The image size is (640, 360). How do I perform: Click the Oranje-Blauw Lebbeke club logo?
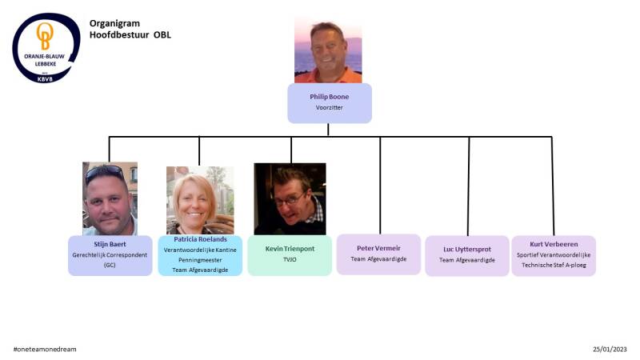(x=46, y=47)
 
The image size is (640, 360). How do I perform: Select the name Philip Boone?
(x=330, y=97)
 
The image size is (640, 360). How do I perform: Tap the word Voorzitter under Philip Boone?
(x=330, y=107)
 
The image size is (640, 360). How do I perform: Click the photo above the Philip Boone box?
(x=328, y=51)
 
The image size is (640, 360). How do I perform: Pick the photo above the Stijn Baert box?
(x=110, y=198)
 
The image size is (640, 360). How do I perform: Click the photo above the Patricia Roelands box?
(x=200, y=200)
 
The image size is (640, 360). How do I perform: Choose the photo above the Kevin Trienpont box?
(x=290, y=198)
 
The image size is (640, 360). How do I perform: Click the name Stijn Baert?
(x=110, y=243)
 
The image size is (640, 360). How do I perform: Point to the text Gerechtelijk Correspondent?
(x=110, y=254)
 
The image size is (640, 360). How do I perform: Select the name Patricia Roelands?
(x=200, y=239)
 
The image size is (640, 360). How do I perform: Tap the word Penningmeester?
(x=200, y=260)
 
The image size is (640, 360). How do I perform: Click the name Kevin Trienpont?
(x=290, y=249)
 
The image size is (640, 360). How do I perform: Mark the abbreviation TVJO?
(x=290, y=259)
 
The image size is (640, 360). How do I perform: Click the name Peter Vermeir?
(x=378, y=248)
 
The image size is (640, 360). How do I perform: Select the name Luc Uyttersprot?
(x=467, y=249)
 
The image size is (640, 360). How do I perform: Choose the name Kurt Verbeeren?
(x=554, y=244)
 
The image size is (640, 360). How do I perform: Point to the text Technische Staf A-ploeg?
(x=554, y=265)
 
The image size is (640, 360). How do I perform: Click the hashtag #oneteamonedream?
(x=45, y=350)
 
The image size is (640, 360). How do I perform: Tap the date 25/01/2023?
(x=610, y=350)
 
